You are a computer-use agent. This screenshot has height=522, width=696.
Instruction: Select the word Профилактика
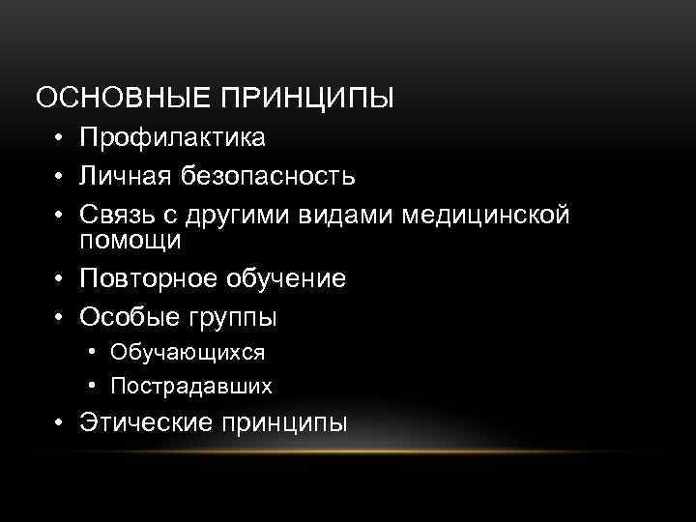coord(173,139)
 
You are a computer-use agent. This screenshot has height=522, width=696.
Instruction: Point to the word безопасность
coord(275,177)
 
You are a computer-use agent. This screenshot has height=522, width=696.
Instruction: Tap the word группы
coord(230,317)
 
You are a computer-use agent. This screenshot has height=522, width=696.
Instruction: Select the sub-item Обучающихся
coord(188,353)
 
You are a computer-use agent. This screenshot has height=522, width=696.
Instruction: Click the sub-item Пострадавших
coord(191,387)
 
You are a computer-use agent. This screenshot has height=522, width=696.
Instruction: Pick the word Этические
coord(148,422)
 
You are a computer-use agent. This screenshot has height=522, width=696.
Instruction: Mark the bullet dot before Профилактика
coord(60,140)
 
